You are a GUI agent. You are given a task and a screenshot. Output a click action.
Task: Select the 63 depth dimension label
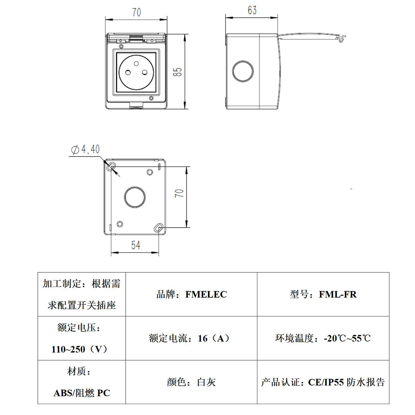(x=252, y=10)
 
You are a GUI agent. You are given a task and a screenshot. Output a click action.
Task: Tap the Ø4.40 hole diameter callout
(x=86, y=149)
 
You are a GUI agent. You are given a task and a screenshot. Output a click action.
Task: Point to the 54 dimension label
(x=135, y=245)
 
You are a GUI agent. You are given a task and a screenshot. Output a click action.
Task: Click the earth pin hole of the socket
(x=136, y=63)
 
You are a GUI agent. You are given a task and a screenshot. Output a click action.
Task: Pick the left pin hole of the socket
(x=128, y=72)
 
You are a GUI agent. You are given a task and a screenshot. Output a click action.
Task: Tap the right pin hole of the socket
(x=145, y=72)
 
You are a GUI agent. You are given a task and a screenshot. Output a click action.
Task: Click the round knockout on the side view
(x=243, y=71)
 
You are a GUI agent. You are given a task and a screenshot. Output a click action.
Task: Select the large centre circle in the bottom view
(x=135, y=197)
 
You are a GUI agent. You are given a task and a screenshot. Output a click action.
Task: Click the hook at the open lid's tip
(x=342, y=38)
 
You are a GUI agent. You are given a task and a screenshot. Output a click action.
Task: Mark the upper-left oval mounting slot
(x=111, y=167)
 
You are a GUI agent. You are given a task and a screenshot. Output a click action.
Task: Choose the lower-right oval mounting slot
(x=158, y=227)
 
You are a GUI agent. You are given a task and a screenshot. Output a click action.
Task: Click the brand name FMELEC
(x=206, y=295)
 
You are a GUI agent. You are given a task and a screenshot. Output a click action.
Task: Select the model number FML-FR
(x=338, y=295)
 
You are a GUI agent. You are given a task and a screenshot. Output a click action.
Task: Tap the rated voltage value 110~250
(x=68, y=349)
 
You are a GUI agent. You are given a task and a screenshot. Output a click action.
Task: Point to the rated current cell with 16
(x=189, y=338)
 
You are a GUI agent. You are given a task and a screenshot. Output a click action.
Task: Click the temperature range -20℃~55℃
(x=347, y=338)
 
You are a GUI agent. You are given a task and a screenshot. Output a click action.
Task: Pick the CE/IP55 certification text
(x=326, y=382)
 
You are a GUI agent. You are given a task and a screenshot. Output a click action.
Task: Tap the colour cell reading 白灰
(x=206, y=382)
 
